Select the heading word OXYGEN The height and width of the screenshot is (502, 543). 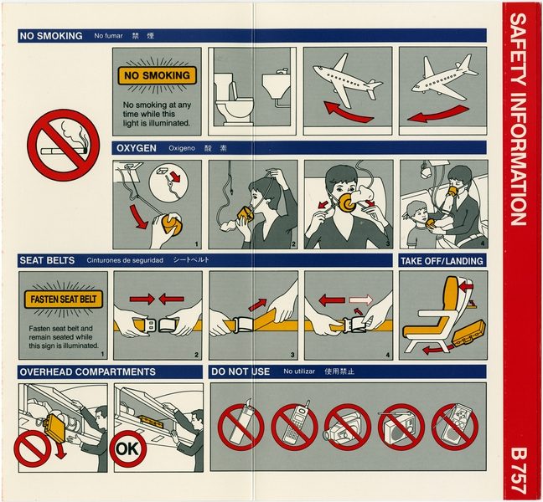click(136, 148)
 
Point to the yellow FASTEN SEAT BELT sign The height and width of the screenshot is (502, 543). click(64, 299)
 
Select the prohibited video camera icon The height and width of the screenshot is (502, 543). click(346, 426)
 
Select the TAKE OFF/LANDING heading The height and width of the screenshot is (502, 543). click(442, 261)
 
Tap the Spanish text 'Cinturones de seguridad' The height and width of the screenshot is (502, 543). click(126, 261)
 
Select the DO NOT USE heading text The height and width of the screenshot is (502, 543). click(240, 371)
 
